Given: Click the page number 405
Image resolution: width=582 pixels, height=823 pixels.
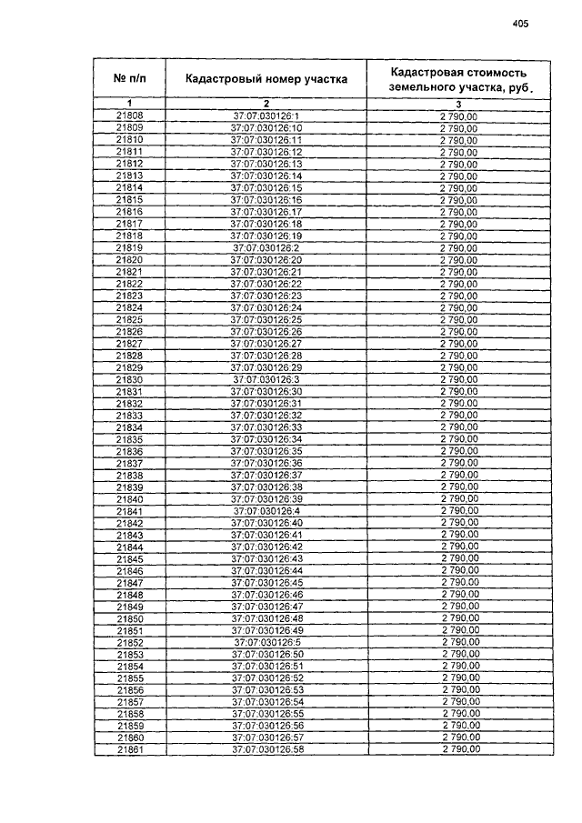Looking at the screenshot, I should (520, 25).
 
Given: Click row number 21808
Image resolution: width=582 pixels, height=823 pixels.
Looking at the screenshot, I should (130, 116).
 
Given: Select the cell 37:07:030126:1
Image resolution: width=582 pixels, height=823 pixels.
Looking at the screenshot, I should (266, 116).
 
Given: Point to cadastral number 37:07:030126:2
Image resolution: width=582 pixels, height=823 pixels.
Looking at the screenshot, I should (266, 247).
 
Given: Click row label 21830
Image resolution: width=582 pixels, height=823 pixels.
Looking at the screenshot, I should (130, 379).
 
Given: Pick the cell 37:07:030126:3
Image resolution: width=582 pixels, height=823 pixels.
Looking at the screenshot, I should (266, 379).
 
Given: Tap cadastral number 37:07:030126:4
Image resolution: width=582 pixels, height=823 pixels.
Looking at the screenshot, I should (266, 511).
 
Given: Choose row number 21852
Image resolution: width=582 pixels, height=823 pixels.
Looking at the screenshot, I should (130, 643).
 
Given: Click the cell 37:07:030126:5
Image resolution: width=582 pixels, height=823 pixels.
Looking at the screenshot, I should (266, 643).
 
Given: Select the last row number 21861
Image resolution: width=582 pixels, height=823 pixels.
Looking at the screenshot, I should (130, 750).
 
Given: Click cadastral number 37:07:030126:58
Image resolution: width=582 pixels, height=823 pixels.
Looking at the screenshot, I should (266, 750).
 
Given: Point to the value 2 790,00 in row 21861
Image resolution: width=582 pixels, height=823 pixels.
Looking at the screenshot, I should (459, 750).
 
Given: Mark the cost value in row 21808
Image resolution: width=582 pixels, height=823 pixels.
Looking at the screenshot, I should (459, 116).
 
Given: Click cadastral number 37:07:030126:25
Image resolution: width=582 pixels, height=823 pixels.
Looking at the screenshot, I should (266, 319).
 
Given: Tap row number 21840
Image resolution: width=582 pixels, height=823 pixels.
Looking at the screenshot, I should (130, 499).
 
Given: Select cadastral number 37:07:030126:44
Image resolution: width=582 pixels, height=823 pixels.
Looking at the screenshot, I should (266, 571).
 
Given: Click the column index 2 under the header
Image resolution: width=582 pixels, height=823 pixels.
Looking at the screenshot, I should (266, 103).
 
